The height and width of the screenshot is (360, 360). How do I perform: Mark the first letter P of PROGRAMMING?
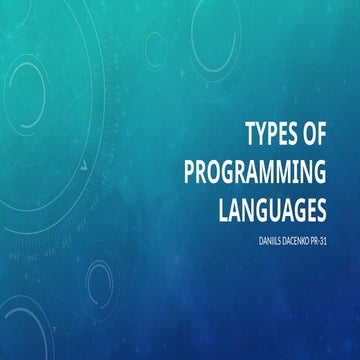click(x=192, y=171)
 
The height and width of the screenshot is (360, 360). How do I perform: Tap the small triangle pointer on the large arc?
click(x=87, y=159)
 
